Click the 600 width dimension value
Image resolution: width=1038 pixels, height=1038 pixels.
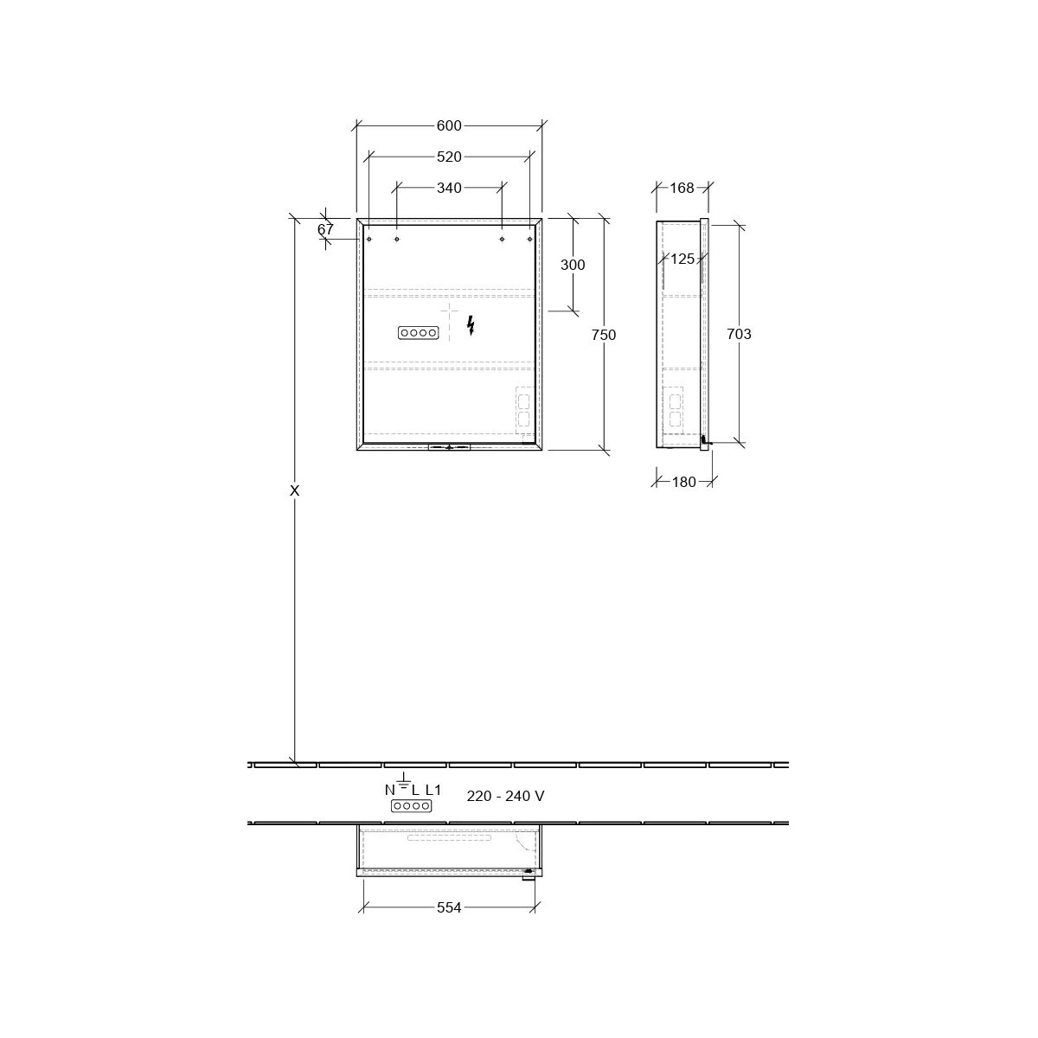pyautogui.click(x=449, y=125)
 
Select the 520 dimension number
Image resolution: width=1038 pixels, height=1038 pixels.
pyautogui.click(x=449, y=157)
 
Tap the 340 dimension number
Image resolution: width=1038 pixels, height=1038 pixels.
pyautogui.click(x=449, y=188)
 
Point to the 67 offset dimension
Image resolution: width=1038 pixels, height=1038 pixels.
pyautogui.click(x=325, y=229)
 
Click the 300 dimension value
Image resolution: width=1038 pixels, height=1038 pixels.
pyautogui.click(x=573, y=265)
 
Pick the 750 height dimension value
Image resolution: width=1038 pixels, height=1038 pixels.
pyautogui.click(x=604, y=335)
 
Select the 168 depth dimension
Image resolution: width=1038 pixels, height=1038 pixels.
pyautogui.click(x=682, y=188)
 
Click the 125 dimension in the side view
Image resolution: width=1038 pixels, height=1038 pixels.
pyautogui.click(x=682, y=259)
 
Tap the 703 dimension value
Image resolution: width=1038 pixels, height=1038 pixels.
pyautogui.click(x=739, y=334)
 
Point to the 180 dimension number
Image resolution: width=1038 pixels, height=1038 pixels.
pyautogui.click(x=684, y=482)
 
